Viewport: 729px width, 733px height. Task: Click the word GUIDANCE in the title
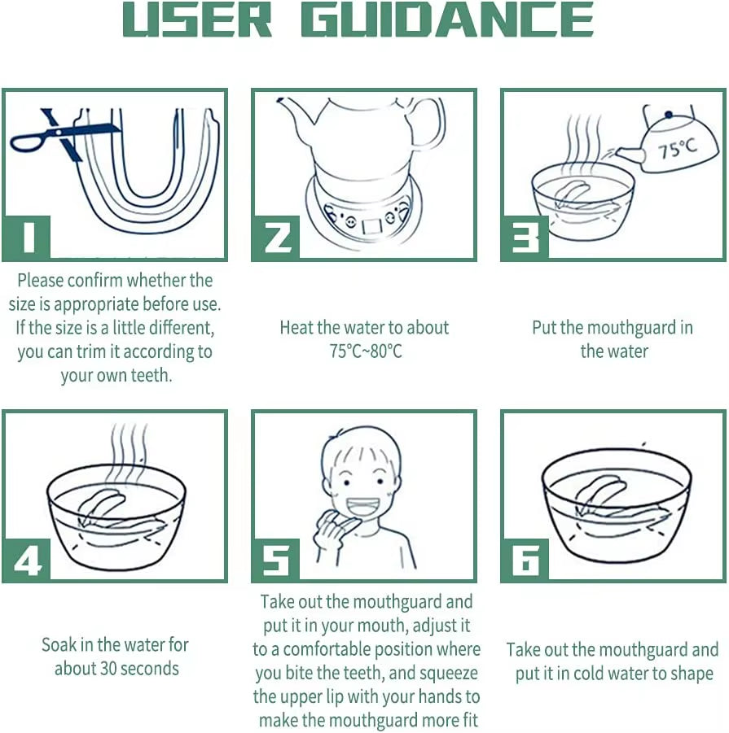[448, 20]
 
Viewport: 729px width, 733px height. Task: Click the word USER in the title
[197, 20]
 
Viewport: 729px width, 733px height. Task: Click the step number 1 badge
[27, 237]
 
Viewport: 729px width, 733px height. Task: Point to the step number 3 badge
[525, 237]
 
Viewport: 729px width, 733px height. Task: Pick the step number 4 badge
[27, 560]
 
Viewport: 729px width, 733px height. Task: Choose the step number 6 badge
[525, 560]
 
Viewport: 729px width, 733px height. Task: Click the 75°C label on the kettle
[677, 149]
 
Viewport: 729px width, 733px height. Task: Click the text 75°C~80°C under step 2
[366, 351]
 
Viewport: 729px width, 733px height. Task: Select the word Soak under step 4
[59, 645]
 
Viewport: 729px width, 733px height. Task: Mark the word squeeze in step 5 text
[448, 674]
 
